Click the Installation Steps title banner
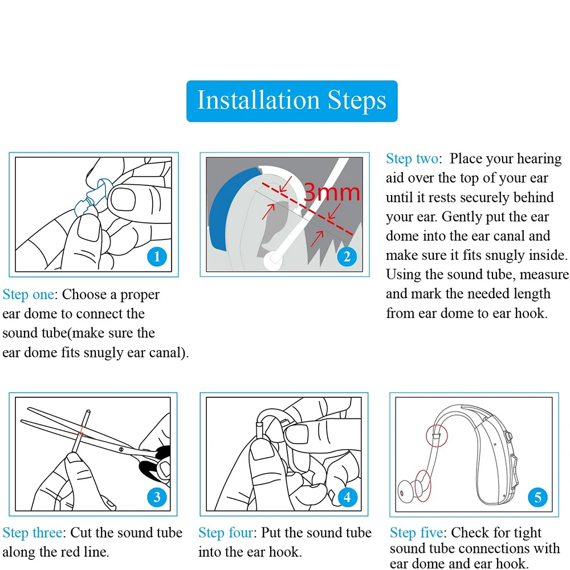(x=292, y=101)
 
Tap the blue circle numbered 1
(x=157, y=256)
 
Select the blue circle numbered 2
(x=347, y=256)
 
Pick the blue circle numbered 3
(x=157, y=497)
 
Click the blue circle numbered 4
(x=347, y=497)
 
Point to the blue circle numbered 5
(x=538, y=497)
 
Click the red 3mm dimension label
(x=332, y=192)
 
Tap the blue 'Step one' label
(x=28, y=295)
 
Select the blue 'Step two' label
(x=412, y=159)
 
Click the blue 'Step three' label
(x=32, y=532)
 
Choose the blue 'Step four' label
(x=225, y=532)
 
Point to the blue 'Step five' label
(x=417, y=532)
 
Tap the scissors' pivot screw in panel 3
(x=121, y=450)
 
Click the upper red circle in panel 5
(x=437, y=435)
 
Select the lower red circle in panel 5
(x=422, y=486)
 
